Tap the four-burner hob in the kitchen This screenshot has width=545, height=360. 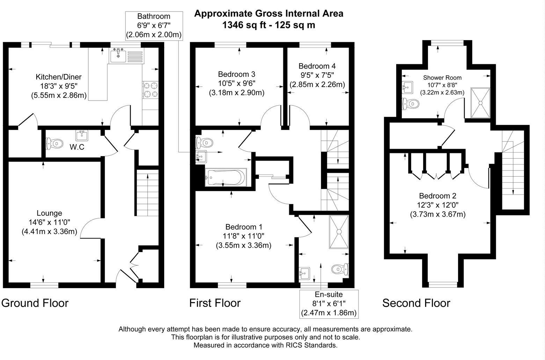(x=151, y=90)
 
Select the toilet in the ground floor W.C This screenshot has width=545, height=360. (x=55, y=143)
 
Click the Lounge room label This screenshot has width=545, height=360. (x=49, y=213)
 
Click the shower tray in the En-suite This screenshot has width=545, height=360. (x=339, y=232)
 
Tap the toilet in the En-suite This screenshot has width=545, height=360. (x=340, y=269)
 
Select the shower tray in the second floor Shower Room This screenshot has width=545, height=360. (x=480, y=103)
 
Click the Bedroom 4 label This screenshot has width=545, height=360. (x=317, y=66)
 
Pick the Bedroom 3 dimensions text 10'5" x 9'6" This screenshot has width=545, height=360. (x=237, y=83)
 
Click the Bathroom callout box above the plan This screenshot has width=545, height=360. (x=154, y=25)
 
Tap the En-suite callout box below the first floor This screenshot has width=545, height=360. (x=329, y=304)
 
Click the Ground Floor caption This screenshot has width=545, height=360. (x=35, y=303)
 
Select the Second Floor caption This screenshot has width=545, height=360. (x=416, y=303)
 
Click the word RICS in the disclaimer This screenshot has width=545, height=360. (x=300, y=346)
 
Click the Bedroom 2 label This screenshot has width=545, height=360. (x=437, y=196)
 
